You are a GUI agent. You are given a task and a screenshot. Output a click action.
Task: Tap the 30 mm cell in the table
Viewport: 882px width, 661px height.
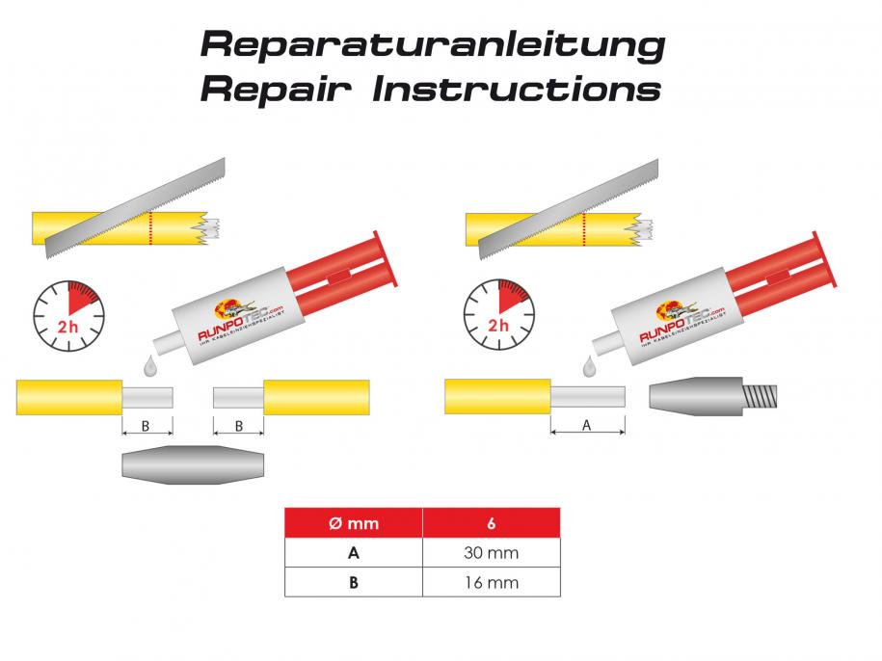point(492,553)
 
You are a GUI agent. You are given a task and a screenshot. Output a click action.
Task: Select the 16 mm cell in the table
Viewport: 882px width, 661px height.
point(492,582)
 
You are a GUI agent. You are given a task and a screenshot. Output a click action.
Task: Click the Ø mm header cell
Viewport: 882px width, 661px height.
point(354,523)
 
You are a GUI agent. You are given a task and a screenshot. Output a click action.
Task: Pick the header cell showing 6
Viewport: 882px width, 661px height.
point(492,523)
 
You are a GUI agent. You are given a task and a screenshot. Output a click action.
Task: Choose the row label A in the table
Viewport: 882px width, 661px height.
point(354,553)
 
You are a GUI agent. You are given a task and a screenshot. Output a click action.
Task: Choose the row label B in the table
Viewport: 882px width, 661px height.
point(354,582)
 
